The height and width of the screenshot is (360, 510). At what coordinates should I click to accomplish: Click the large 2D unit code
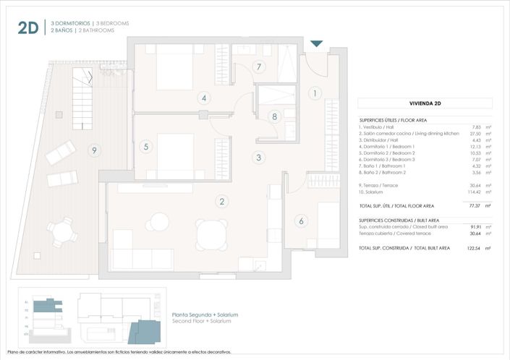[x=27, y=27]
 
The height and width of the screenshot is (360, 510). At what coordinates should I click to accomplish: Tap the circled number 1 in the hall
[x=315, y=93]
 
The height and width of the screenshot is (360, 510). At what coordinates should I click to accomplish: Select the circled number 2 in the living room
[x=222, y=202]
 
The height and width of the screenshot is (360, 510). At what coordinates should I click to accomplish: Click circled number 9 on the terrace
[x=93, y=150]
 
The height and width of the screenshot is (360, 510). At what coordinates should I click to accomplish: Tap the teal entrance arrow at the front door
[x=316, y=46]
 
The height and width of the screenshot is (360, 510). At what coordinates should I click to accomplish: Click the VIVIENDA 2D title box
[x=425, y=103]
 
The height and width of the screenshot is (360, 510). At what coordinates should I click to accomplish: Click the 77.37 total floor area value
[x=474, y=206]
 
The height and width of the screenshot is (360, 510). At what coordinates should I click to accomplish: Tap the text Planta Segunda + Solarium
[x=205, y=315]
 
